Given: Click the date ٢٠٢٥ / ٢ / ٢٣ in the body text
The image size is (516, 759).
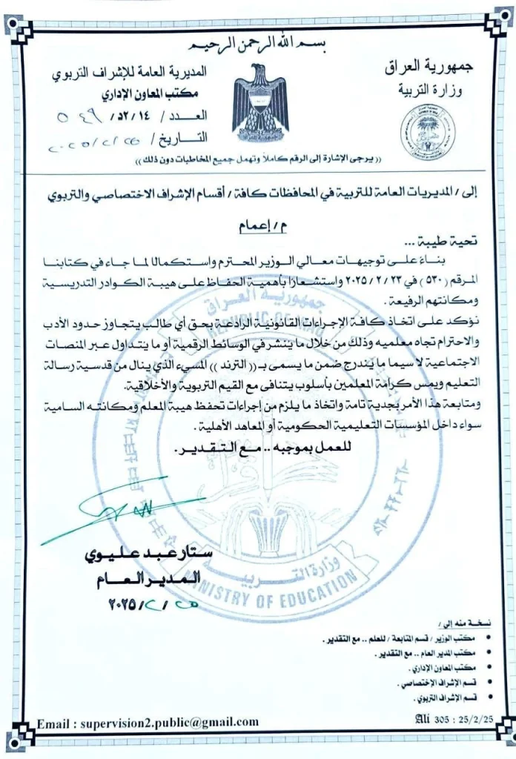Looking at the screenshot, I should click(371, 284).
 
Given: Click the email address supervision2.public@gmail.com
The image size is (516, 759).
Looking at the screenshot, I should click(148, 722).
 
